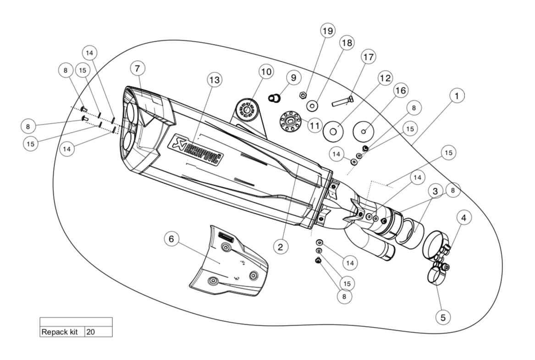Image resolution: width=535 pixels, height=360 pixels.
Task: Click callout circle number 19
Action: pyautogui.click(x=327, y=31)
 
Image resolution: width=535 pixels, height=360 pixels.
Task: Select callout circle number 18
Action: pyautogui.click(x=347, y=43)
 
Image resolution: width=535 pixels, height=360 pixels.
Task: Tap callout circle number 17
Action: pyautogui.click(x=368, y=57)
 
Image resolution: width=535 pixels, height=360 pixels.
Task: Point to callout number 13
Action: pyautogui.click(x=214, y=80)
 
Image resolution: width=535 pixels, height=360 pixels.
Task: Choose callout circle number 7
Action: pyautogui.click(x=137, y=68)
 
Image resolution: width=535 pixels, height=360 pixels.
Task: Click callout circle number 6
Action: pyautogui.click(x=171, y=239)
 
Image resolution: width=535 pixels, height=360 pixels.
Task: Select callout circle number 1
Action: pyautogui.click(x=457, y=96)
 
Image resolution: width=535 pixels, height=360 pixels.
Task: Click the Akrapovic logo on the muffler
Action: pyautogui.click(x=196, y=149)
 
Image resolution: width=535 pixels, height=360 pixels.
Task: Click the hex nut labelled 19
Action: pyautogui.click(x=303, y=95)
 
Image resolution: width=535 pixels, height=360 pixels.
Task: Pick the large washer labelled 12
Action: pyautogui.click(x=334, y=132)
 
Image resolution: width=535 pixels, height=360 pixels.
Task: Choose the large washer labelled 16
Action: pyautogui.click(x=364, y=131)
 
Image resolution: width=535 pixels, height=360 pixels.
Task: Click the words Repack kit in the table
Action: pyautogui.click(x=62, y=332)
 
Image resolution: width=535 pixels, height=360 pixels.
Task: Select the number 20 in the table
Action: pyautogui.click(x=91, y=332)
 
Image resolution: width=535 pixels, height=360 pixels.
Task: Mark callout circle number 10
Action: pyautogui.click(x=266, y=72)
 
